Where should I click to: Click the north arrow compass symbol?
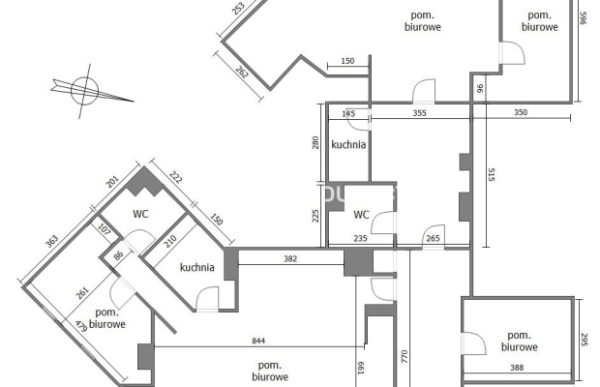(85, 91)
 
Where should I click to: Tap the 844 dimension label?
(258, 341)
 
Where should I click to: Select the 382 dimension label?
(290, 259)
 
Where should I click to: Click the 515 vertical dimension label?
(492, 174)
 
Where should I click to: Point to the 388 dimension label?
(517, 368)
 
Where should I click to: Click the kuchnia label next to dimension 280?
(348, 144)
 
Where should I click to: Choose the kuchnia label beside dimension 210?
(197, 267)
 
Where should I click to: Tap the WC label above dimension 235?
(361, 215)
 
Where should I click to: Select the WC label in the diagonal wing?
(140, 214)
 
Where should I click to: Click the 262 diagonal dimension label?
(242, 72)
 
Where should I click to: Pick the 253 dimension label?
(238, 8)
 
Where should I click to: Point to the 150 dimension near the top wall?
(347, 61)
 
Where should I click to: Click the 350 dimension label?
(521, 112)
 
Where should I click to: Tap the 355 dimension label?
(420, 113)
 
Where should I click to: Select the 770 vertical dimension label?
(405, 356)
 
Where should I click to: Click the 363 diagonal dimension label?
(51, 241)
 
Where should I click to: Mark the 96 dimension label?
(481, 88)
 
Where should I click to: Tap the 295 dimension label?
(584, 340)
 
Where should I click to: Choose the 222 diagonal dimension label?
(175, 177)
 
